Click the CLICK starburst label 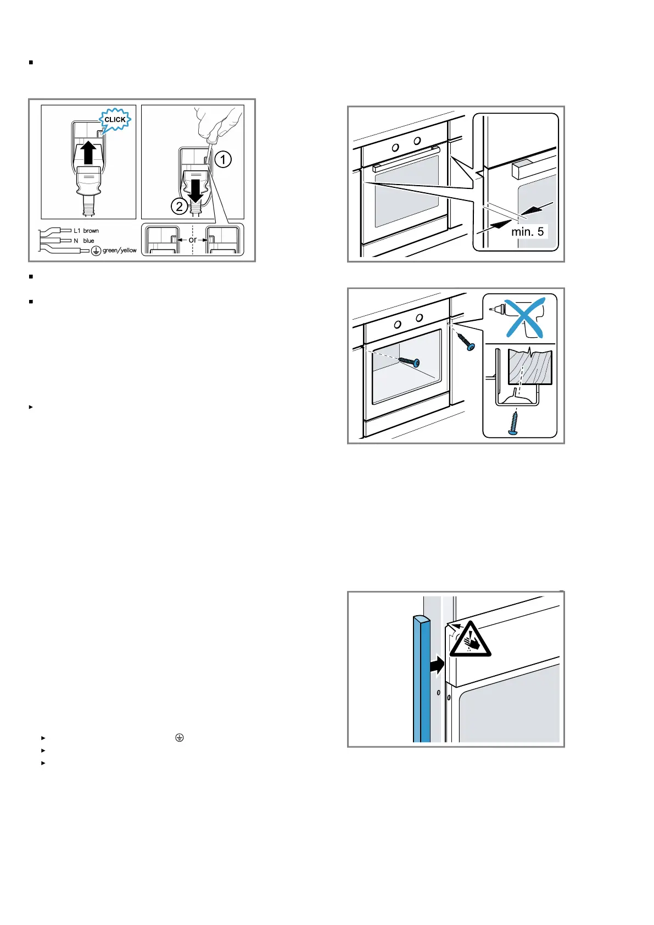[115, 120]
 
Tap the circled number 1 [222, 160]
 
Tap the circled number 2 [179, 207]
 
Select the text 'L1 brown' [86, 231]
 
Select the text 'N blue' [84, 241]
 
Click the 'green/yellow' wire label [119, 250]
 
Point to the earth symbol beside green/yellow [96, 251]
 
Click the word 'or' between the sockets [192, 240]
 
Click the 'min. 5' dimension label [527, 232]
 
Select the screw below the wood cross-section [515, 424]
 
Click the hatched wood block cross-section [529, 367]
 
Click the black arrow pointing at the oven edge [437, 665]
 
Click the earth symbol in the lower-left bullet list [179, 738]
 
